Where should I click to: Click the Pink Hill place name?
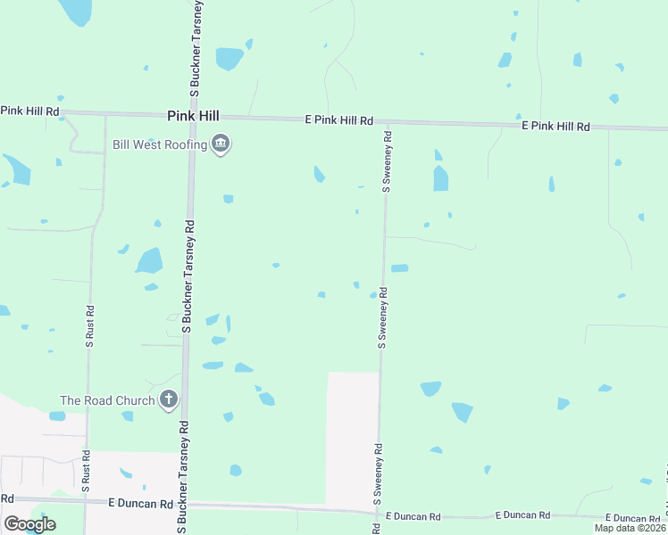193,116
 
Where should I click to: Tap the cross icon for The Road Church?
168,399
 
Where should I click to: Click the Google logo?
29,524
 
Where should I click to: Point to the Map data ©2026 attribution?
630,528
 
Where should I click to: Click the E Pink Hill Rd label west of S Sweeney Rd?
338,119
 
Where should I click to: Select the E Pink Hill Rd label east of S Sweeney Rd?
555,128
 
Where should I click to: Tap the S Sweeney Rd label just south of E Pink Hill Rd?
387,161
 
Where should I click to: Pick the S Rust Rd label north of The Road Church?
88,325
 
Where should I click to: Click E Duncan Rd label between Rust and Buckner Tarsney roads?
140,504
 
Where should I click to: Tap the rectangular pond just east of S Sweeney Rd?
399,267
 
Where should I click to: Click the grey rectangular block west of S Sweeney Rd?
352,437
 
